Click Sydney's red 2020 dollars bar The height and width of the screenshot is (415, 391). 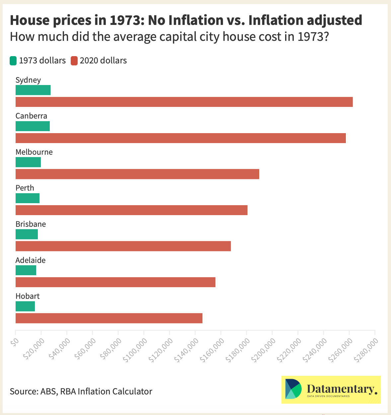(184, 102)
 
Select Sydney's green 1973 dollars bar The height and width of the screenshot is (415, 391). (33, 90)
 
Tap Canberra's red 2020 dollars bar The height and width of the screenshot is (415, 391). (181, 138)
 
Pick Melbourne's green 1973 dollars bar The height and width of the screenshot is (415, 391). (28, 162)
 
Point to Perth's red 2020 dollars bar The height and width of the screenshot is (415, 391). (131, 210)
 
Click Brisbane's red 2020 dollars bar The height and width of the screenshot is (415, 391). (123, 246)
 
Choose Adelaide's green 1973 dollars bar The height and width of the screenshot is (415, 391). (26, 271)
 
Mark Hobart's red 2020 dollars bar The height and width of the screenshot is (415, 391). (109, 318)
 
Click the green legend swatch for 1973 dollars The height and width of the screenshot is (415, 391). (13, 61)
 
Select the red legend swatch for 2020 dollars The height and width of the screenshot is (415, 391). (74, 61)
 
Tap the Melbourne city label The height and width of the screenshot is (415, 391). (34, 152)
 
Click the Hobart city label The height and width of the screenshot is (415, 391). (28, 296)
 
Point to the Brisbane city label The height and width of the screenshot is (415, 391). (31, 224)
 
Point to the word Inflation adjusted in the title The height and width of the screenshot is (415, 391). (305, 20)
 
